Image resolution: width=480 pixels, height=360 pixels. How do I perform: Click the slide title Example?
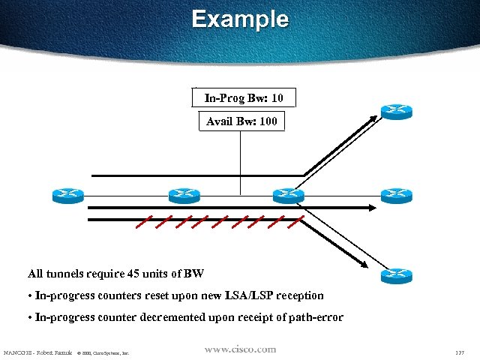[239, 19]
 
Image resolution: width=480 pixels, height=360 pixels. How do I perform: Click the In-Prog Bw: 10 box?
[244, 97]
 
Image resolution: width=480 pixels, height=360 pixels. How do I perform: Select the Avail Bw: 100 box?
[241, 121]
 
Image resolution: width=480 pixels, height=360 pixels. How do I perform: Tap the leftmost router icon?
[68, 196]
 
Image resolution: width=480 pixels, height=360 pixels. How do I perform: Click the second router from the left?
[184, 196]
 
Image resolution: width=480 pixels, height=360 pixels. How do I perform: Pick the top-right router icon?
[396, 111]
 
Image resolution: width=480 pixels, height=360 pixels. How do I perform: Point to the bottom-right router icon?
[396, 276]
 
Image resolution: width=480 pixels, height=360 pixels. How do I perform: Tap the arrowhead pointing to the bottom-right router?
[364, 263]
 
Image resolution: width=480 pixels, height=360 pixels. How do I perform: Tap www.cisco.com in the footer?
[240, 349]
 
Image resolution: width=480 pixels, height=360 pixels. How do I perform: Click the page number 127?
[460, 352]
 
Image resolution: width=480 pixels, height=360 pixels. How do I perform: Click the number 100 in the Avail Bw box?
[270, 121]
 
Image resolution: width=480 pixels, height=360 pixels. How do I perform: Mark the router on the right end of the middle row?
[396, 196]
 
